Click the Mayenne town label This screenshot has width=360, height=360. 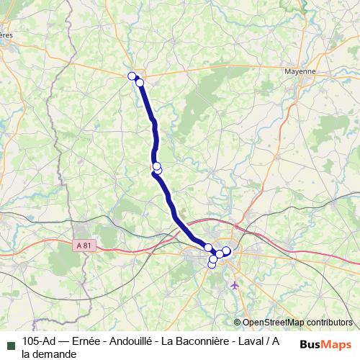pos(300,71)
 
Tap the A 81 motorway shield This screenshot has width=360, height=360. pos(84,246)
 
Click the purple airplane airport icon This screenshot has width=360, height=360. pos(235,286)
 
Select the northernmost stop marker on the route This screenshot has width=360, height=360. pos(132,76)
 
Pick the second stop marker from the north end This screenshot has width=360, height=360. pos(140,83)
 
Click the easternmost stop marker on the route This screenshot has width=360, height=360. pos(226,251)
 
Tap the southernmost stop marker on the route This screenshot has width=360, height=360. pos(212,264)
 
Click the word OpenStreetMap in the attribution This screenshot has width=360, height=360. pos(273,323)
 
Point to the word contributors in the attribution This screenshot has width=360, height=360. pos(329,323)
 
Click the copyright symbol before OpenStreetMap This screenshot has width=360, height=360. pos(237,323)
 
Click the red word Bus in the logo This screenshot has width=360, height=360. pos(310,343)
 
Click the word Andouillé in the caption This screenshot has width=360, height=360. pos(133,341)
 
